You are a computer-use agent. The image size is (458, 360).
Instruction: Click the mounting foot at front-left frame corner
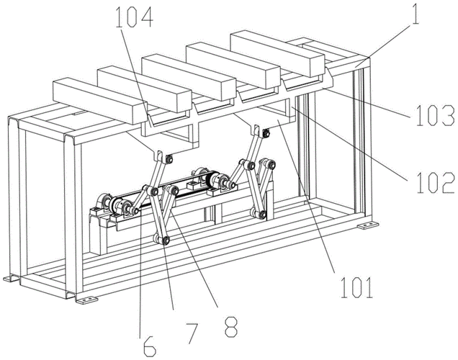click(x=10, y=279)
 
